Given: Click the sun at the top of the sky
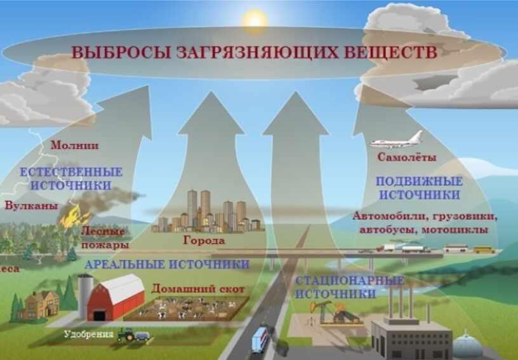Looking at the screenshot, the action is point(255,21).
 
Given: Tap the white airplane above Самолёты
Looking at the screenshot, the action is point(396,140).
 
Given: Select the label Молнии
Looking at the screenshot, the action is point(74,145).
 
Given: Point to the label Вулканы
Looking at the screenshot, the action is point(31,206).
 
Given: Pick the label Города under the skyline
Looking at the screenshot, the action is point(204,240).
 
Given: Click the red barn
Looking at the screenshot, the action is point(116,298).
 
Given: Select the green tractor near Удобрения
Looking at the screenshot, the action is point(126,334).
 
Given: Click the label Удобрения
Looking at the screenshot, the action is point(88,334).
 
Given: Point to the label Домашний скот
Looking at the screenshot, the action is point(198,289).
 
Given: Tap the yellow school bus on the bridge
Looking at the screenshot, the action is point(484,250).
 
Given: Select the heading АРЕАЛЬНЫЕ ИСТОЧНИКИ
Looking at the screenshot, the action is point(167,264).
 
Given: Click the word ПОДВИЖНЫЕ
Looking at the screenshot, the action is point(419,182).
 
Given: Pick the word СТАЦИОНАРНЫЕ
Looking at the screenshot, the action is point(349,281).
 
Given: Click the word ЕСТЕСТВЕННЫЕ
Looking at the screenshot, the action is point(71,172).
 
